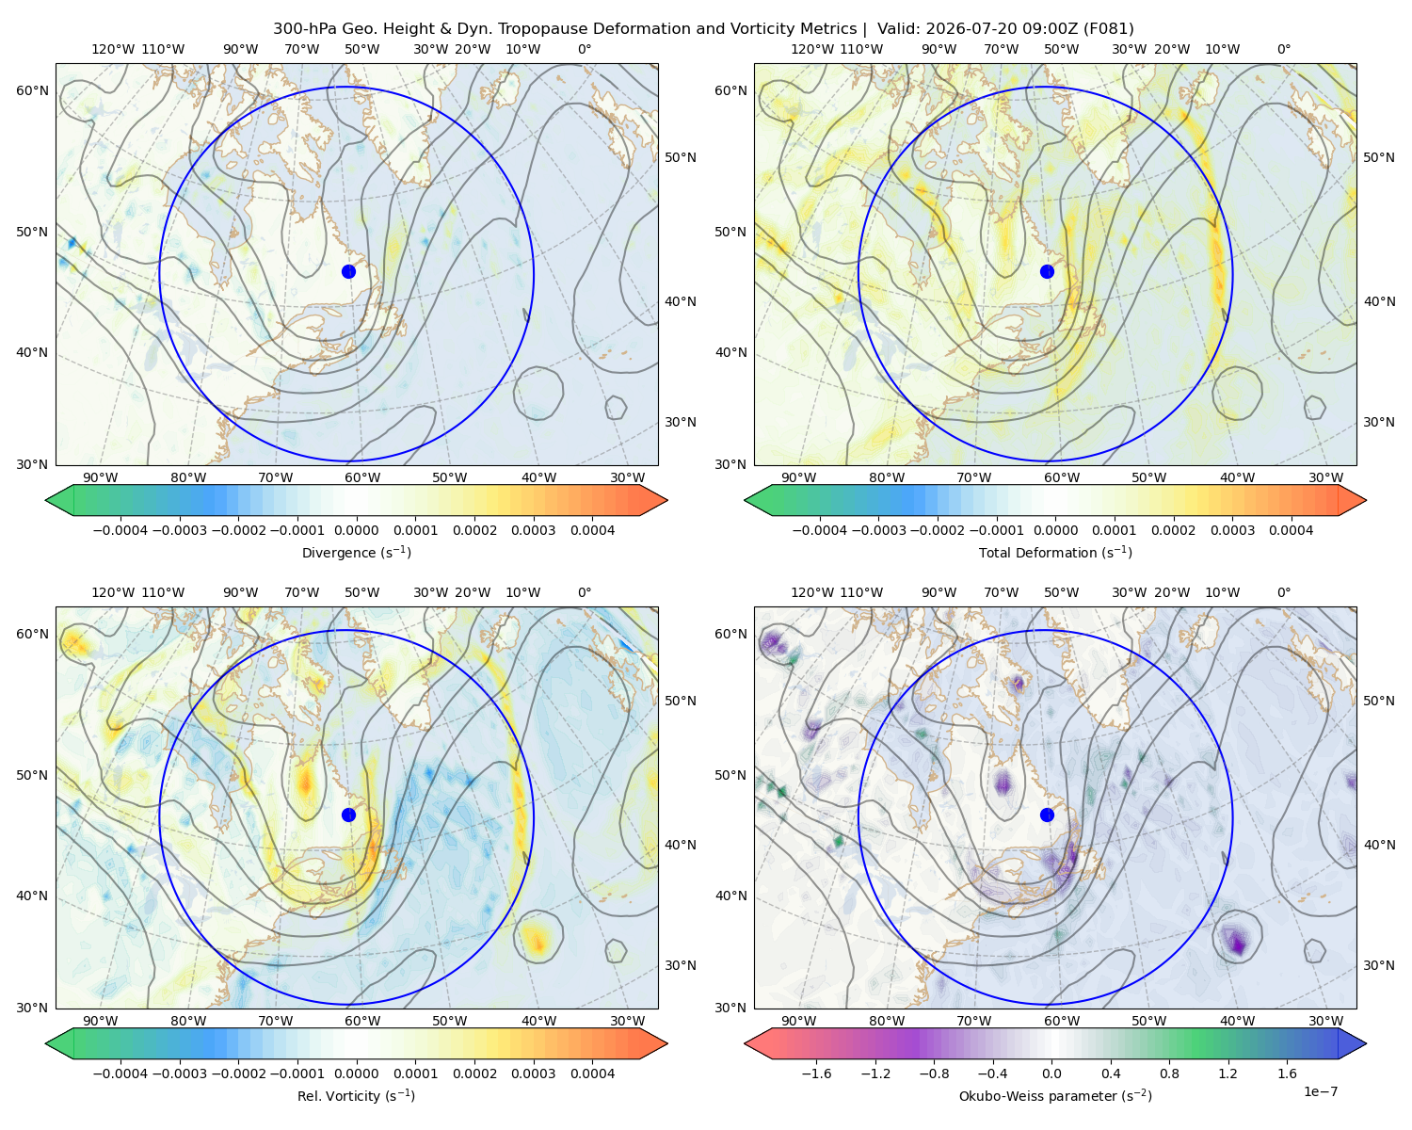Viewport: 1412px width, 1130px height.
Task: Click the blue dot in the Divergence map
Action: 348,271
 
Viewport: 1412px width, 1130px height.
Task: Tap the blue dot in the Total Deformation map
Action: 1047,271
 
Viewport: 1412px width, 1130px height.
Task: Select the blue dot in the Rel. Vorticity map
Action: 348,815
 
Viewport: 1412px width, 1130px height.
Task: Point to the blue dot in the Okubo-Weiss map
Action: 1047,815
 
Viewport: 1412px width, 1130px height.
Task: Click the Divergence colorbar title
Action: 356,552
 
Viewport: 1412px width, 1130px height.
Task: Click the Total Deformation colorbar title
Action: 1055,552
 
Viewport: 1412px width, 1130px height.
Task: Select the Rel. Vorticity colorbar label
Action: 356,1095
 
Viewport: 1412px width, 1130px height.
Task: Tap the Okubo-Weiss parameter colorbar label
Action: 1055,1095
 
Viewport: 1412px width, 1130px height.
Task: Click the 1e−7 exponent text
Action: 1320,1091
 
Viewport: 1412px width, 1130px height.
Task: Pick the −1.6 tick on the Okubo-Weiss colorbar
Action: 816,1073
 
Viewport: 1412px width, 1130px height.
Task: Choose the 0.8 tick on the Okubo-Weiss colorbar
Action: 1169,1073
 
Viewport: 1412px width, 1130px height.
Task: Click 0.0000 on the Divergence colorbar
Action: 356,530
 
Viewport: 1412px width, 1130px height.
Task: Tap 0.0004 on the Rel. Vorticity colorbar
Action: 592,1073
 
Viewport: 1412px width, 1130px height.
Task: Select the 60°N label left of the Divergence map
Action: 32,90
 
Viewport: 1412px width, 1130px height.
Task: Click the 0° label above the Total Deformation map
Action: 1283,49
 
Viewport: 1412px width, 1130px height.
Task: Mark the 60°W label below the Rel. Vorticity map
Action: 362,1021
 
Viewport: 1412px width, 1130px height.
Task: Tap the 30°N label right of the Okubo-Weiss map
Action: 1378,965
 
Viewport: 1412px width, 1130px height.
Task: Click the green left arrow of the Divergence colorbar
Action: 59,500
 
